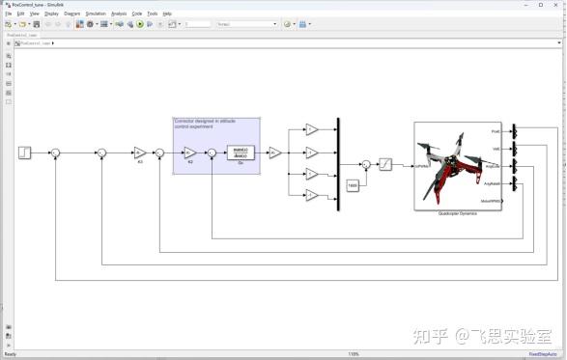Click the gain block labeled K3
139,152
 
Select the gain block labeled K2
190,152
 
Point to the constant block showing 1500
352,183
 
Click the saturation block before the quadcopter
384,164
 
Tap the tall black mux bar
338,163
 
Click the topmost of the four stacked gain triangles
311,129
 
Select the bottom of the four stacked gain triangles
311,196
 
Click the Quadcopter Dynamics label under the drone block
458,212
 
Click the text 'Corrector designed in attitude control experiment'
204,124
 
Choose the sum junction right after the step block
55,152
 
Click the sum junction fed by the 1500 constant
366,164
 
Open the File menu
9,14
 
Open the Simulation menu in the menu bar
96,14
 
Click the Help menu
167,14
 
